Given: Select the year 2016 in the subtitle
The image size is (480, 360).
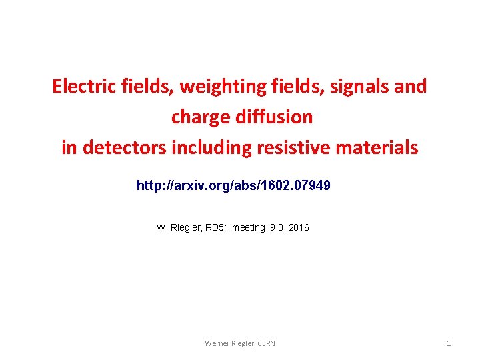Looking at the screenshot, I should (x=299, y=228).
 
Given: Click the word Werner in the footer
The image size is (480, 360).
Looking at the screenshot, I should (x=217, y=343).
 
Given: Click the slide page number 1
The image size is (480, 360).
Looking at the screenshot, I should (x=449, y=343).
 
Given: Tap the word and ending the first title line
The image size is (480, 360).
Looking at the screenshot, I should (x=411, y=87).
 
